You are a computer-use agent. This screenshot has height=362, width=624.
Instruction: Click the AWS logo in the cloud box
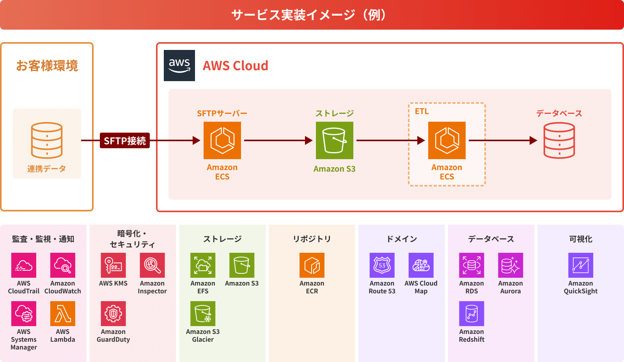[x=179, y=66]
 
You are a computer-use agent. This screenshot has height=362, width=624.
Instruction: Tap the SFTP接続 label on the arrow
[x=125, y=140]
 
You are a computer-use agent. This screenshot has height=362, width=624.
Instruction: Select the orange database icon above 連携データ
[x=47, y=140]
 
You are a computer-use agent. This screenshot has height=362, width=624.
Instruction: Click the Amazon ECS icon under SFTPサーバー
[x=222, y=140]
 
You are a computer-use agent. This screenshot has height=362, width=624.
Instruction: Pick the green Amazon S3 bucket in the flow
[x=335, y=140]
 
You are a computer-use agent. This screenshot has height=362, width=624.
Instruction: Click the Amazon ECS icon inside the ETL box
[x=447, y=140]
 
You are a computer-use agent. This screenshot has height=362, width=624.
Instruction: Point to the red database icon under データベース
[x=559, y=140]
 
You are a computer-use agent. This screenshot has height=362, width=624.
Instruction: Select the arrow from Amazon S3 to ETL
[x=390, y=140]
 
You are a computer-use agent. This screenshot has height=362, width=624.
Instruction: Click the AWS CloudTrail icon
[x=24, y=265]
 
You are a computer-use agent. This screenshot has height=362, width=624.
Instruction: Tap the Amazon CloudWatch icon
[x=63, y=265]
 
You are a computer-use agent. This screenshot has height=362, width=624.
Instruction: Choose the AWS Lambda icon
[x=63, y=314]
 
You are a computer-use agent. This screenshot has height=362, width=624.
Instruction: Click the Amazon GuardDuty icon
[x=113, y=314]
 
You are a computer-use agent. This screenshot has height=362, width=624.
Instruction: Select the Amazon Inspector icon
[x=152, y=265]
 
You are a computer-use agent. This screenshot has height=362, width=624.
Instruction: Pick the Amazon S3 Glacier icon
[x=203, y=314]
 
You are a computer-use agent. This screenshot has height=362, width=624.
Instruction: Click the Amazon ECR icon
[x=312, y=265]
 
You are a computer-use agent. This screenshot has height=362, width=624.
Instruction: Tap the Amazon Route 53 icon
[x=382, y=265]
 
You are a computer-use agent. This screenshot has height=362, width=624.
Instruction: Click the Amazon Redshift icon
[x=472, y=314]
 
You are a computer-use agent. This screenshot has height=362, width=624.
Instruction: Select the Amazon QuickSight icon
[x=581, y=265]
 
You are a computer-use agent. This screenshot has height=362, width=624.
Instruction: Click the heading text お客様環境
[x=47, y=66]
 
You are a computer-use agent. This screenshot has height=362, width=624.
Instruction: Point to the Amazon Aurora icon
[x=511, y=265]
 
